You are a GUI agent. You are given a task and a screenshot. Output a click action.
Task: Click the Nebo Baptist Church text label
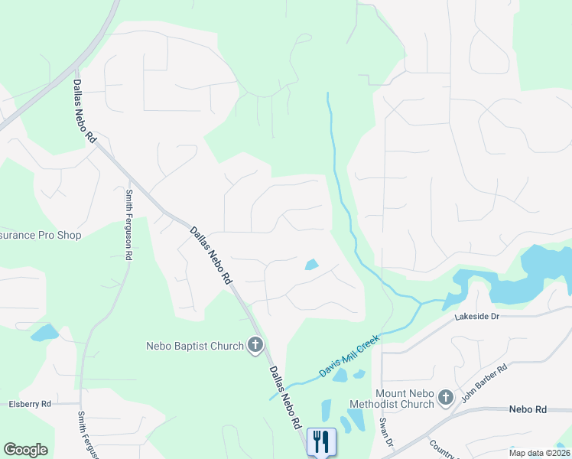(x=194, y=346)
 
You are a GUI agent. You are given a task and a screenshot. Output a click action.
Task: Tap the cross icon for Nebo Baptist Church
(x=255, y=346)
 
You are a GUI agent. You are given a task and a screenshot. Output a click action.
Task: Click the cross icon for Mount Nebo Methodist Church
(x=446, y=397)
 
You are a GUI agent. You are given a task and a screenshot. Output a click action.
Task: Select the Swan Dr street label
(x=385, y=433)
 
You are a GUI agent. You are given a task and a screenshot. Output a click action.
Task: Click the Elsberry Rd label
(x=29, y=403)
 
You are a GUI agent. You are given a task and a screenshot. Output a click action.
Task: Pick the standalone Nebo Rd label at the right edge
(x=528, y=410)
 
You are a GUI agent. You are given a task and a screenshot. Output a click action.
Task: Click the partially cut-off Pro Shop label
(x=40, y=235)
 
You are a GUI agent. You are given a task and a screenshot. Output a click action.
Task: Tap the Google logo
(x=25, y=450)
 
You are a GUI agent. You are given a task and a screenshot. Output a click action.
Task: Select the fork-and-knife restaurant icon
(x=321, y=441)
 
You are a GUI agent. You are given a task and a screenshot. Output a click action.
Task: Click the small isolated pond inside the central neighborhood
(x=312, y=265)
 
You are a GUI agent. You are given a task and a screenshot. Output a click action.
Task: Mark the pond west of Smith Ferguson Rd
(x=44, y=333)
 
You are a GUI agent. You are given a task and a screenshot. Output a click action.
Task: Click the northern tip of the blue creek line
(x=328, y=94)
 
